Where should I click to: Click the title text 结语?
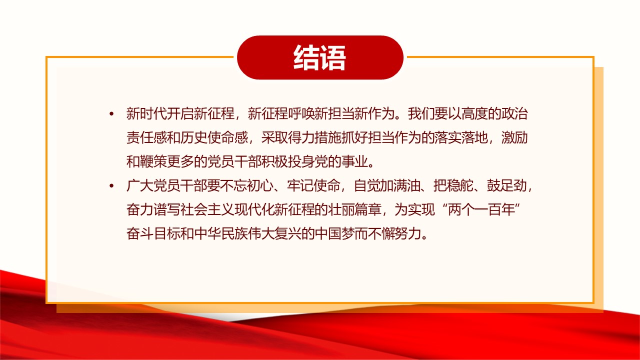click(319, 57)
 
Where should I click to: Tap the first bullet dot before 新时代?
click(111, 114)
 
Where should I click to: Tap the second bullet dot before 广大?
click(111, 186)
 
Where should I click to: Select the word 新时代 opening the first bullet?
click(146, 113)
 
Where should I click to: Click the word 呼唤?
click(301, 113)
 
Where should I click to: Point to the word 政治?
click(514, 113)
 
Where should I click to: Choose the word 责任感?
click(146, 137)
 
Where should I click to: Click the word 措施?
click(327, 137)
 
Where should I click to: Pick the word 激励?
click(514, 137)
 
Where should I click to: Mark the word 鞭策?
click(153, 161)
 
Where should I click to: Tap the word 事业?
click(354, 161)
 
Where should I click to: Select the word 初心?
click(260, 185)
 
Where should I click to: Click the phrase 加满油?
click(400, 185)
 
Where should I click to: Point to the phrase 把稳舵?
click(453, 185)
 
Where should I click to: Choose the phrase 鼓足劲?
click(507, 185)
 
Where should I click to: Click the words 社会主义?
click(207, 209)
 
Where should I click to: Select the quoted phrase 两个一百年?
click(481, 209)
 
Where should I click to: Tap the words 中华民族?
click(220, 233)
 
